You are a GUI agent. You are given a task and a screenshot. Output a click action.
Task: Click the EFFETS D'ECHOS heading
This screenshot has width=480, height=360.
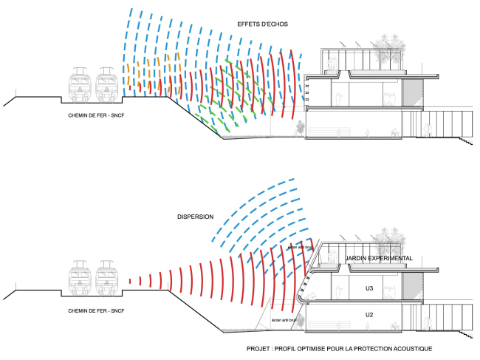pos(263,24)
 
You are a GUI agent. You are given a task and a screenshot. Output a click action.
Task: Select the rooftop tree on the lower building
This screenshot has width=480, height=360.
pos(387,241)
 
